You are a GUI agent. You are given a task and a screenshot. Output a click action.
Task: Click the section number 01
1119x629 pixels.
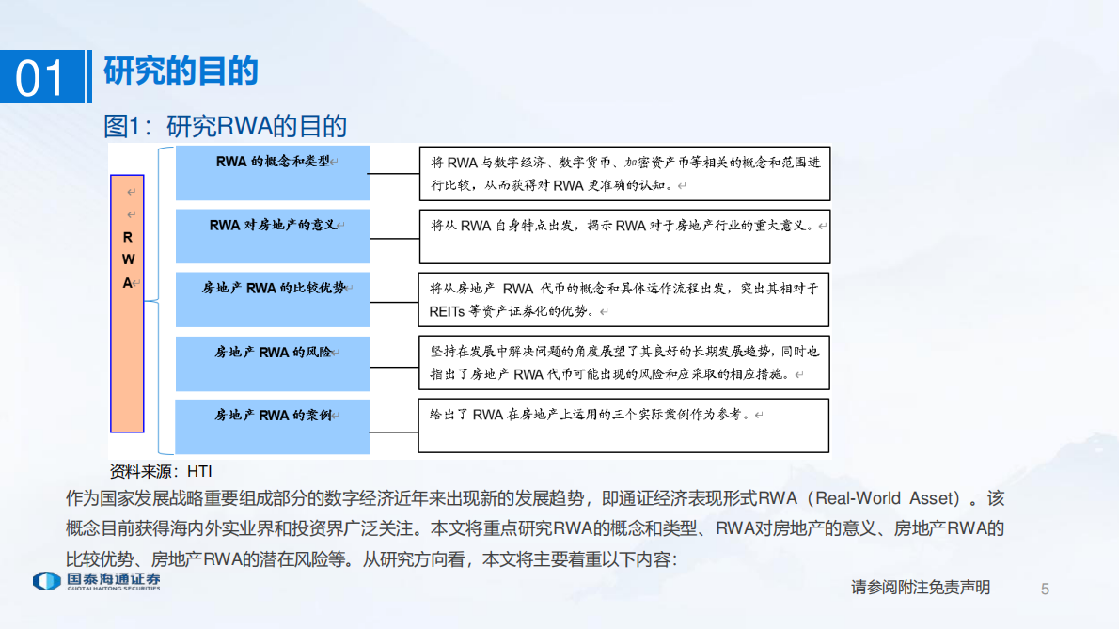(42, 77)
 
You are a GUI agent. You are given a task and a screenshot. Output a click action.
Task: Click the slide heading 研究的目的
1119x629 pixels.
(181, 71)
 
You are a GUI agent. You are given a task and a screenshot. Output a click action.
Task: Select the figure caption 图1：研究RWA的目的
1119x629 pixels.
(226, 126)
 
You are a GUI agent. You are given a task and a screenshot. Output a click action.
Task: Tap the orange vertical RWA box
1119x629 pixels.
(127, 303)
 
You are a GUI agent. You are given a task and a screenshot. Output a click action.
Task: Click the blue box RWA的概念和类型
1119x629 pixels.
(273, 172)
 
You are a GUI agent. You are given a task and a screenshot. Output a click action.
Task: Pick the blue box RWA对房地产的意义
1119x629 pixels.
(273, 236)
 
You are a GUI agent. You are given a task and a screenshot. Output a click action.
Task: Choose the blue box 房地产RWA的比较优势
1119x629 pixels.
(273, 299)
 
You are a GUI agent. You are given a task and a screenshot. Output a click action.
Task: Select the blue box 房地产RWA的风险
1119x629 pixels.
(273, 363)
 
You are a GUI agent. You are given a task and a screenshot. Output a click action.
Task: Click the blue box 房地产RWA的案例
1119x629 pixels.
(273, 426)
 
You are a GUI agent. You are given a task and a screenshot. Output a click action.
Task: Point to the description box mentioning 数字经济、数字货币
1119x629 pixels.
(624, 173)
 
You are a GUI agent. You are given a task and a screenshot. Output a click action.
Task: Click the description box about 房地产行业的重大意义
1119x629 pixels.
(624, 236)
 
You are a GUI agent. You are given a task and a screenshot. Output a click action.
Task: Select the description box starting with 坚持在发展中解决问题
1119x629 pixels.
(624, 363)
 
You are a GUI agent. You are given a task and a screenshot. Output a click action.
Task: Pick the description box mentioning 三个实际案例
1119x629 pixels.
(624, 426)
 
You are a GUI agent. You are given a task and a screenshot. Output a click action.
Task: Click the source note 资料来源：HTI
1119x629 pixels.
(163, 470)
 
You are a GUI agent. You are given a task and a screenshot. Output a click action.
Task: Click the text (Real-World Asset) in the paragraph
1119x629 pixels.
(888, 498)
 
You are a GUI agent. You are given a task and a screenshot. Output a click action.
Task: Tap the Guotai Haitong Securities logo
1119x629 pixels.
(96, 582)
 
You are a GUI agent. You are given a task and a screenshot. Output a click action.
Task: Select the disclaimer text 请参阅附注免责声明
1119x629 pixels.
(921, 588)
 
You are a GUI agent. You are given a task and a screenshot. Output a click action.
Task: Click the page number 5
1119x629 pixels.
(1045, 589)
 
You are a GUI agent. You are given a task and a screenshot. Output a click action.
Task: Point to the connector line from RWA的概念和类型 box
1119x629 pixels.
(394, 173)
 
